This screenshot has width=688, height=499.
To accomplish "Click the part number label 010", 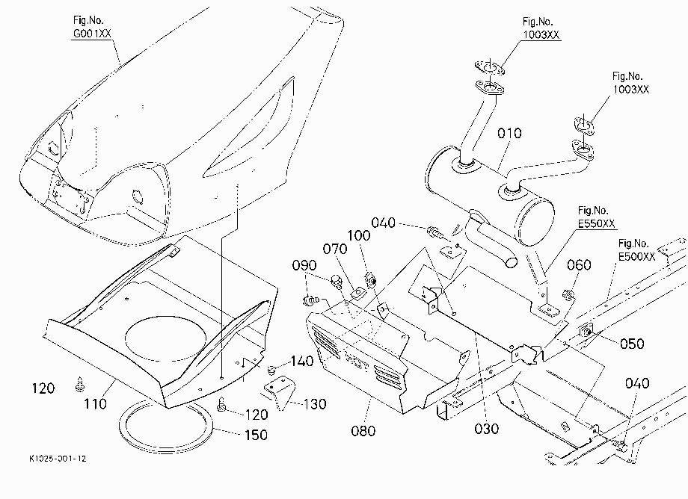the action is [509, 133].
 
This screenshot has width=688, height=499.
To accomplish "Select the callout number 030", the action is [487, 429].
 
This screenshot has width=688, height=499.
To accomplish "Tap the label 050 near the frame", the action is [632, 344].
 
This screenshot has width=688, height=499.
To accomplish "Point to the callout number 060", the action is [579, 265].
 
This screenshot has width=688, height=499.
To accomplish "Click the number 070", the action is [335, 249].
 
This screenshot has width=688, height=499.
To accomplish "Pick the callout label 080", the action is [363, 431].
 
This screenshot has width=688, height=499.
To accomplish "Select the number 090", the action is [304, 265].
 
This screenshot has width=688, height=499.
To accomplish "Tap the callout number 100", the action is [359, 236].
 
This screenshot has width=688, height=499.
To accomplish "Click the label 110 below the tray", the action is [95, 403].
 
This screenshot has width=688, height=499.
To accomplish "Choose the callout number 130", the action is [315, 404].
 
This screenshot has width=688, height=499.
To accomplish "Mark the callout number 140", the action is [302, 362].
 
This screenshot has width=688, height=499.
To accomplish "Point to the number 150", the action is [256, 435].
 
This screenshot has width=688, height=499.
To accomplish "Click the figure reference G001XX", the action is [92, 34].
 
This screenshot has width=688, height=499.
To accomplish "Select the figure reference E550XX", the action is [597, 223].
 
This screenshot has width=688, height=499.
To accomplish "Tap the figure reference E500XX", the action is [636, 257].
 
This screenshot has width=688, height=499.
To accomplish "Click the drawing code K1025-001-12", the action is [58, 459].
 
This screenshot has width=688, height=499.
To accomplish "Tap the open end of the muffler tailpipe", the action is [512, 262].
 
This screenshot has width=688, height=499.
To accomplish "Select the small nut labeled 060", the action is [568, 296].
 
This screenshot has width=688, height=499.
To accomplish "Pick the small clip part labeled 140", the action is [272, 370].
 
